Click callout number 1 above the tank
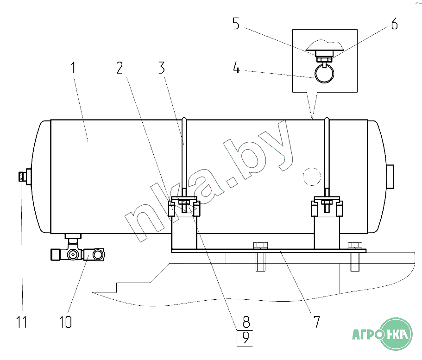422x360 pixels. click(73, 68)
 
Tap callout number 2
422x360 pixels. click(120, 68)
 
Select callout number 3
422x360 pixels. click(162, 68)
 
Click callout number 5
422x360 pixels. click(236, 24)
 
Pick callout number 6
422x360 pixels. click(394, 24)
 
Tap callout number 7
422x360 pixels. click(317, 322)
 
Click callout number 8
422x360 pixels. click(246, 322)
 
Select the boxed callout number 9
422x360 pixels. click(246, 338)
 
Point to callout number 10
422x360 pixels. click(65, 322)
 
